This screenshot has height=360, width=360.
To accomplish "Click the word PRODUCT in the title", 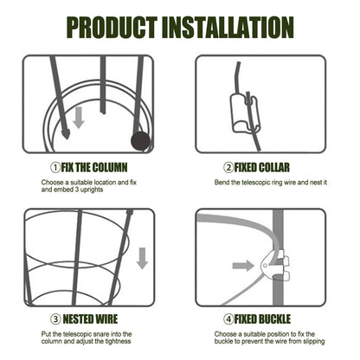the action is (112, 28).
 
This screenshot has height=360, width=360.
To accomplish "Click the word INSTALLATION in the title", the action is (228, 28).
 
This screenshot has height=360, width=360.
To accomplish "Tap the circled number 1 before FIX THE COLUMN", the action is (55, 168).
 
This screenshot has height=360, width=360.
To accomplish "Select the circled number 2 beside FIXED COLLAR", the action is (228, 168).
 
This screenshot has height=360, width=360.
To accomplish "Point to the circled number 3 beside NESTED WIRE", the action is (55, 319).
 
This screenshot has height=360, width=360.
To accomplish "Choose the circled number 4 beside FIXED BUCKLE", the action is (228, 319).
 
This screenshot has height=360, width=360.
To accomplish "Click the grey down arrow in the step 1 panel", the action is (79, 118).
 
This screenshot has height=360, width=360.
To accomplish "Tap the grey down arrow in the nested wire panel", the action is (142, 258).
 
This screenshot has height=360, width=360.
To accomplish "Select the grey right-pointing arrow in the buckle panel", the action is (243, 265).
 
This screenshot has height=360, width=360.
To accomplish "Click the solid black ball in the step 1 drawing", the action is (141, 141).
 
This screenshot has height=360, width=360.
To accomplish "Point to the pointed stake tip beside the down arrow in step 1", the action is (66, 134).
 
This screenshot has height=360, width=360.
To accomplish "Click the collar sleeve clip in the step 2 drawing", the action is (245, 113).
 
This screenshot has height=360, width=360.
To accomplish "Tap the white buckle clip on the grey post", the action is (274, 265).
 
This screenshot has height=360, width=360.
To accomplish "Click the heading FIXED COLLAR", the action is (261, 168).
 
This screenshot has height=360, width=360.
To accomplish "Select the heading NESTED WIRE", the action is (90, 319).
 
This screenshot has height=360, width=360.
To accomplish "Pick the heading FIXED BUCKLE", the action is (262, 319).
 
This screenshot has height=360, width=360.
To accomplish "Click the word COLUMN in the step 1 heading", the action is (110, 168).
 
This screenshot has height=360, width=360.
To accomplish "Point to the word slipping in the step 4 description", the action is (314, 342).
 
